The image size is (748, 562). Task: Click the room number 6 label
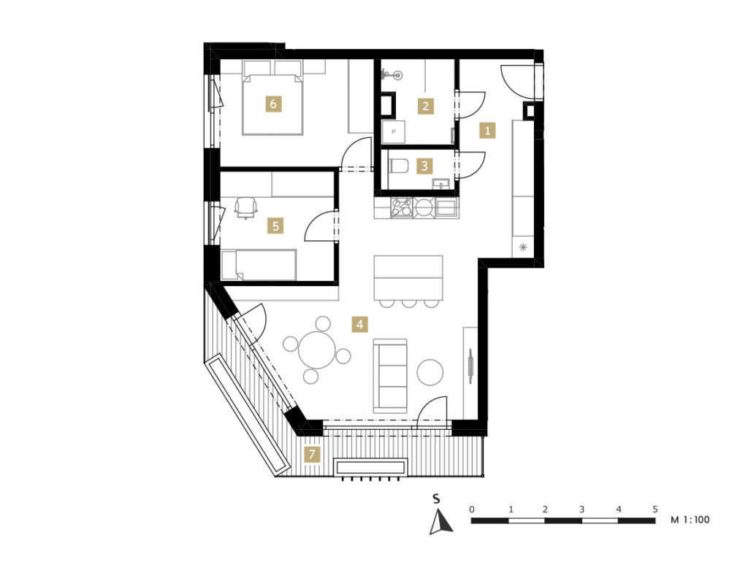(273, 104)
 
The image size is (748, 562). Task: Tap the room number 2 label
(426, 106)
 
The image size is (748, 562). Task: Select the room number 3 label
(424, 166)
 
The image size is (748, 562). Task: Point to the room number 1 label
(487, 130)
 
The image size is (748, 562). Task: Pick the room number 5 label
(275, 226)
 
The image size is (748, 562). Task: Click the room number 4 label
(359, 324)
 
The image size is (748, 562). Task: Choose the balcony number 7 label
(313, 454)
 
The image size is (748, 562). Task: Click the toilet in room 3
(399, 166)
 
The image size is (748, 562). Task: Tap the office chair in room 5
(245, 207)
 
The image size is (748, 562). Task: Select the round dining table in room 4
(317, 350)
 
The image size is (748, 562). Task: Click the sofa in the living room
(390, 376)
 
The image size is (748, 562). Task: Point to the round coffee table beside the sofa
(430, 372)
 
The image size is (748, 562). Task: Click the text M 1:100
(690, 520)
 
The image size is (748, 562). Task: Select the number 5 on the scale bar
(655, 509)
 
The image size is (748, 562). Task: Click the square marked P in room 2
(394, 131)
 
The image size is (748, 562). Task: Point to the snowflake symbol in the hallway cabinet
(523, 247)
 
